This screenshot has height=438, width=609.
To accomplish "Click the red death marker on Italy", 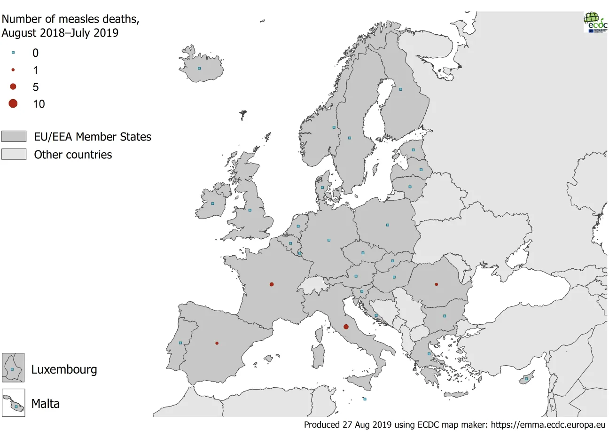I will (346, 327).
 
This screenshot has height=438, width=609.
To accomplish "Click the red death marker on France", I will (272, 284).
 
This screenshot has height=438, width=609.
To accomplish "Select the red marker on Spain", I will (217, 343).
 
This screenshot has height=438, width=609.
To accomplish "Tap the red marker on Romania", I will (437, 284).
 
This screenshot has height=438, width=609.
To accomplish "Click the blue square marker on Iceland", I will (199, 69).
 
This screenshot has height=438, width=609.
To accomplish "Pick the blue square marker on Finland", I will (401, 89).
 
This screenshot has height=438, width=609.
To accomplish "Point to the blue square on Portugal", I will (180, 343).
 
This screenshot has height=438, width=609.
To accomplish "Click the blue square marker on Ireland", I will (212, 204).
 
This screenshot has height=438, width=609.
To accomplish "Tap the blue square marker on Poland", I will (388, 225).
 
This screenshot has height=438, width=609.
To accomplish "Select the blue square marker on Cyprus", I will (526, 379).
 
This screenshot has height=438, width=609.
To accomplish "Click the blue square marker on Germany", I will (329, 240).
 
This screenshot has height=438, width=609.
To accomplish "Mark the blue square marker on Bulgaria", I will (445, 316).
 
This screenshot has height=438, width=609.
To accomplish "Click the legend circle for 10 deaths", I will (13, 103).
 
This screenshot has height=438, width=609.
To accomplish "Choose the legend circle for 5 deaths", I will (13, 86).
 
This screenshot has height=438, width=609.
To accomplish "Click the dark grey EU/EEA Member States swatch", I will (14, 137).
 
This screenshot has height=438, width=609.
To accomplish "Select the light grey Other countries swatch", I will (14, 154).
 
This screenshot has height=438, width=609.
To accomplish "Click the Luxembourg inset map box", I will (13, 368).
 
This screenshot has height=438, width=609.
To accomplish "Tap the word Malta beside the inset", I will (46, 404).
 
